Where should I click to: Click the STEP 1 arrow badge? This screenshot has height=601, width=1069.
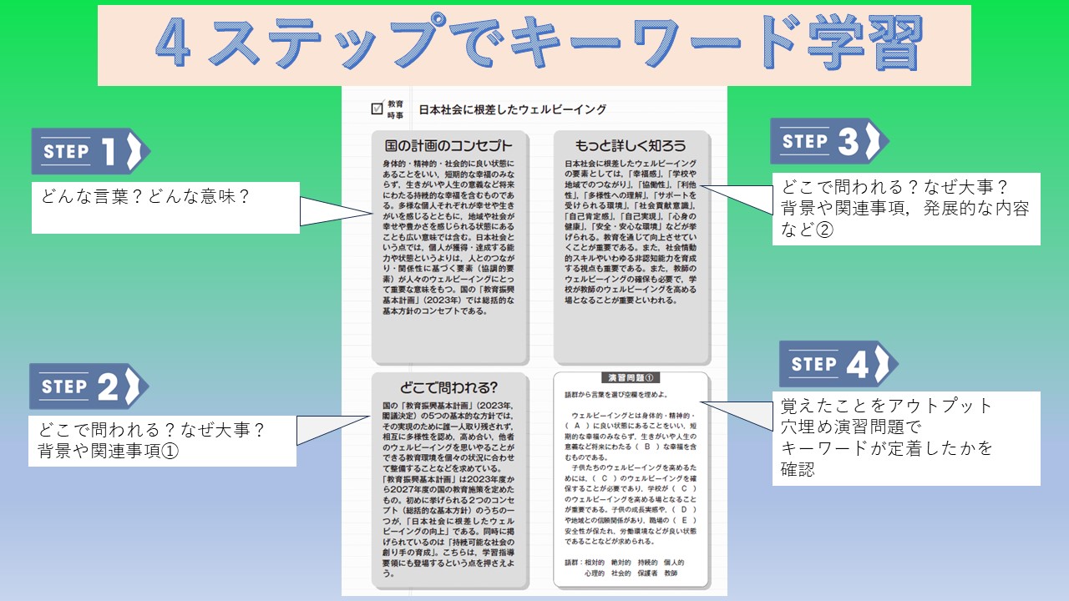(x=90, y=151)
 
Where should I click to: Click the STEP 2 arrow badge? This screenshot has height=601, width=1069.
(x=89, y=386)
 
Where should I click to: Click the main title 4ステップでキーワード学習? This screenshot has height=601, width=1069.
(x=534, y=45)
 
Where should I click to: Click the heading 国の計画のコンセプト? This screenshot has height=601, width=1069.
(x=448, y=145)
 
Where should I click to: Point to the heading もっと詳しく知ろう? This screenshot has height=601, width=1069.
(x=631, y=145)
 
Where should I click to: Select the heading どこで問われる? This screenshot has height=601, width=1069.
(x=448, y=387)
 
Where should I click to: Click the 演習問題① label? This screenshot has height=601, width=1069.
(x=631, y=377)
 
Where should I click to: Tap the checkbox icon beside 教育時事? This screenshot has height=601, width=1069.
(x=377, y=109)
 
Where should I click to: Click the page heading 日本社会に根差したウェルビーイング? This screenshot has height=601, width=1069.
(x=512, y=109)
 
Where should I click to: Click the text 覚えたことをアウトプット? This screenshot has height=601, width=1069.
(x=887, y=407)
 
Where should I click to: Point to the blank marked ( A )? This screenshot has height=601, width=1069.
(x=578, y=425)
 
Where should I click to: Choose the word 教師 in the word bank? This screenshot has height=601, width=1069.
(x=671, y=573)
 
